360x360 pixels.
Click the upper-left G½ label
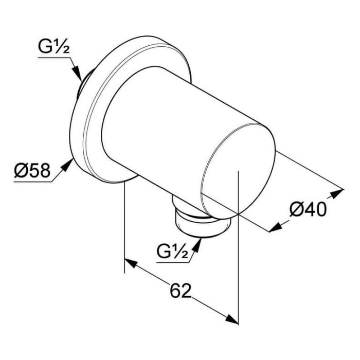pos(53,48)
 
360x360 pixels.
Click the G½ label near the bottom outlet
pos(171,252)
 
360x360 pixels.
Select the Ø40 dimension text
pos(307,209)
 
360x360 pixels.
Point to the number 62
pos(180,291)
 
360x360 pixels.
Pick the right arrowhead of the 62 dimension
pos(232,319)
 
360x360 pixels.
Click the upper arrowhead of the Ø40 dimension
pos(337,193)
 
